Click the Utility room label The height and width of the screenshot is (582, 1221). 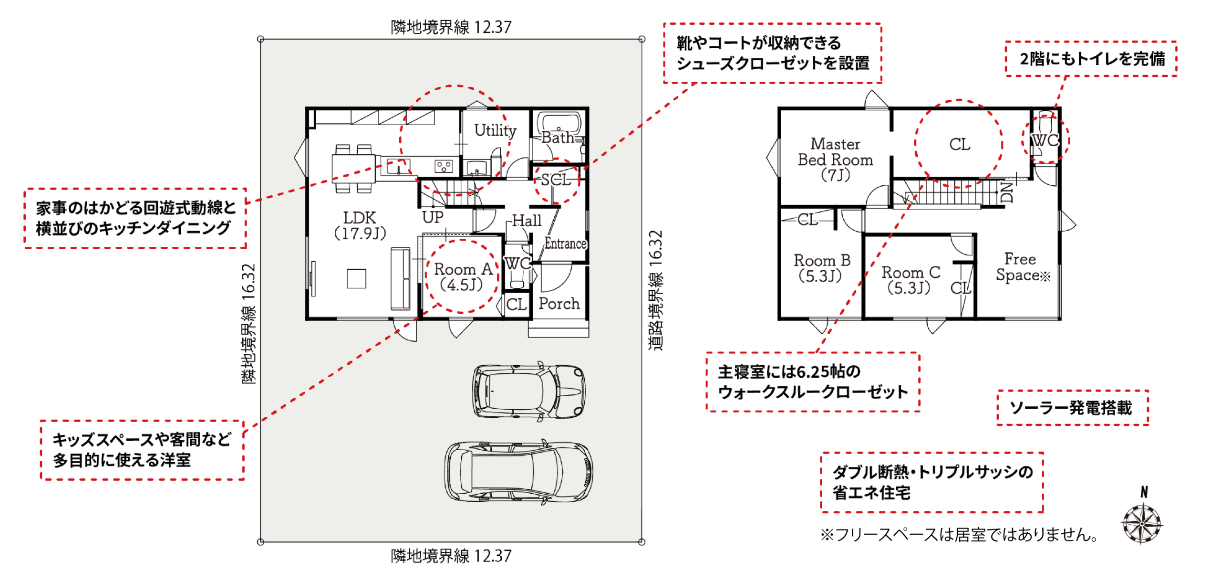(x=495, y=130)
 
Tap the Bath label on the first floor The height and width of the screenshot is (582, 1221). (x=558, y=138)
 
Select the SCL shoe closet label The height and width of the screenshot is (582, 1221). (x=556, y=180)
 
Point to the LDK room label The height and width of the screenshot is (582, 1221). (x=360, y=225)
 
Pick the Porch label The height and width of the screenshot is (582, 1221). (x=559, y=304)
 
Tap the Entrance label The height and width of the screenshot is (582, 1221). (x=565, y=243)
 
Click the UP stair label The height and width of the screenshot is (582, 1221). (x=433, y=217)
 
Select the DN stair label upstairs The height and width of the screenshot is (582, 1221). (x=1005, y=192)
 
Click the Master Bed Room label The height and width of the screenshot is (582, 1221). (x=836, y=159)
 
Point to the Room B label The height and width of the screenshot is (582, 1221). (x=822, y=268)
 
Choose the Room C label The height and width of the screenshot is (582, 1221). (x=911, y=280)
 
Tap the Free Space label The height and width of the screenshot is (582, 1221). (x=1023, y=267)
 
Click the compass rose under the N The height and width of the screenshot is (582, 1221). (x=1142, y=524)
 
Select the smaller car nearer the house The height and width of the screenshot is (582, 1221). (x=529, y=391)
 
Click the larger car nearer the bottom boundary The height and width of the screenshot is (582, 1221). (x=519, y=472)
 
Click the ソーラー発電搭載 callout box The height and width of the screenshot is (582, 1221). (x=1072, y=408)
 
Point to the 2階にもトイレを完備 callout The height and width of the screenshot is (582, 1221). (x=1091, y=59)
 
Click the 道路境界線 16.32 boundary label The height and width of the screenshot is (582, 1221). (x=656, y=291)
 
